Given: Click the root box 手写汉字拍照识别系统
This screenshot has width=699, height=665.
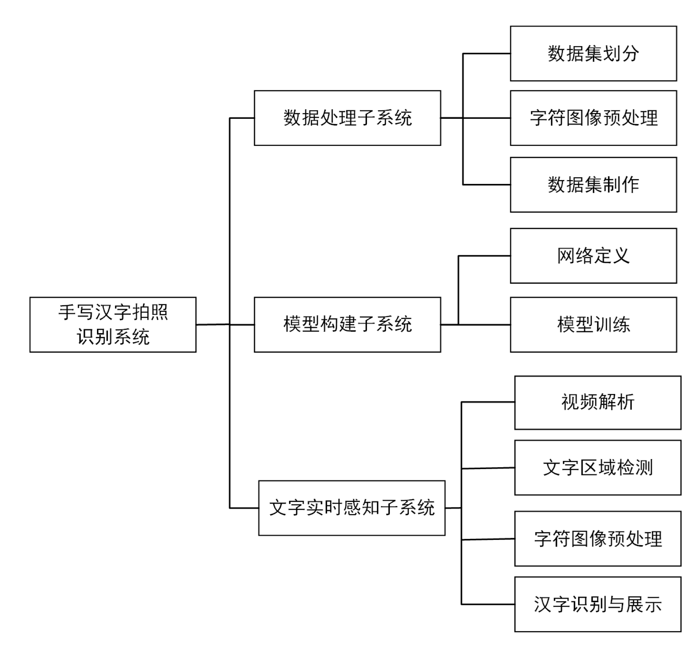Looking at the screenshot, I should tap(113, 324).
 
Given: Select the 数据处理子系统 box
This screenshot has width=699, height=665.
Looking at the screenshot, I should tap(347, 118).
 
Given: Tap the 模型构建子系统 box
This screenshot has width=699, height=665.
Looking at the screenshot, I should tap(347, 324).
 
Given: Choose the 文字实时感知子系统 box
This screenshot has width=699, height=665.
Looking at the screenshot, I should tap(351, 507).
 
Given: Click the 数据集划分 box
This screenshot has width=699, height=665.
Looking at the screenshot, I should tap(593, 54).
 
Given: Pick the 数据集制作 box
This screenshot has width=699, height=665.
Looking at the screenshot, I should tap(593, 185).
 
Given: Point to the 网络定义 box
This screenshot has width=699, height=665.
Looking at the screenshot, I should tap(593, 255).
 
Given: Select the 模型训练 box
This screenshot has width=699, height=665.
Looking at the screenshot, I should tap(593, 324).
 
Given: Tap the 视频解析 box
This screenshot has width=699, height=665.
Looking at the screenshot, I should tap(597, 402).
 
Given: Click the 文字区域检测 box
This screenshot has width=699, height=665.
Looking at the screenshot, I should tap(597, 468).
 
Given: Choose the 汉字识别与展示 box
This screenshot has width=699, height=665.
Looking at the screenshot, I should tap(597, 604).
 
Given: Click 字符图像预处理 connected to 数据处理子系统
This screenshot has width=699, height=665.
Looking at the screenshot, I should tap(593, 118).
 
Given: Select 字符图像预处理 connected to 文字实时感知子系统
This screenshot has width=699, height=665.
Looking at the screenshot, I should tap(597, 538).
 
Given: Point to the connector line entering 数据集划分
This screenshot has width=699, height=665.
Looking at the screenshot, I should tap(486, 54).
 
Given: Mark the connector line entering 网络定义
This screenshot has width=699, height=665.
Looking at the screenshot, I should tap(484, 255).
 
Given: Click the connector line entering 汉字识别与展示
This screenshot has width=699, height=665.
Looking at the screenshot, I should tap(488, 604).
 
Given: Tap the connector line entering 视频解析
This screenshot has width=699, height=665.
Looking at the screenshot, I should tap(488, 402).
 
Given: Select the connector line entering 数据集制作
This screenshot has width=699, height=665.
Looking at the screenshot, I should tap(486, 185).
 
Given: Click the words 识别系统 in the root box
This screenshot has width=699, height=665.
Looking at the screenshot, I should tap(113, 337).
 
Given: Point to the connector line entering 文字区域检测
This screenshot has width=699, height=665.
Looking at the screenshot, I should tap(488, 468).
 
